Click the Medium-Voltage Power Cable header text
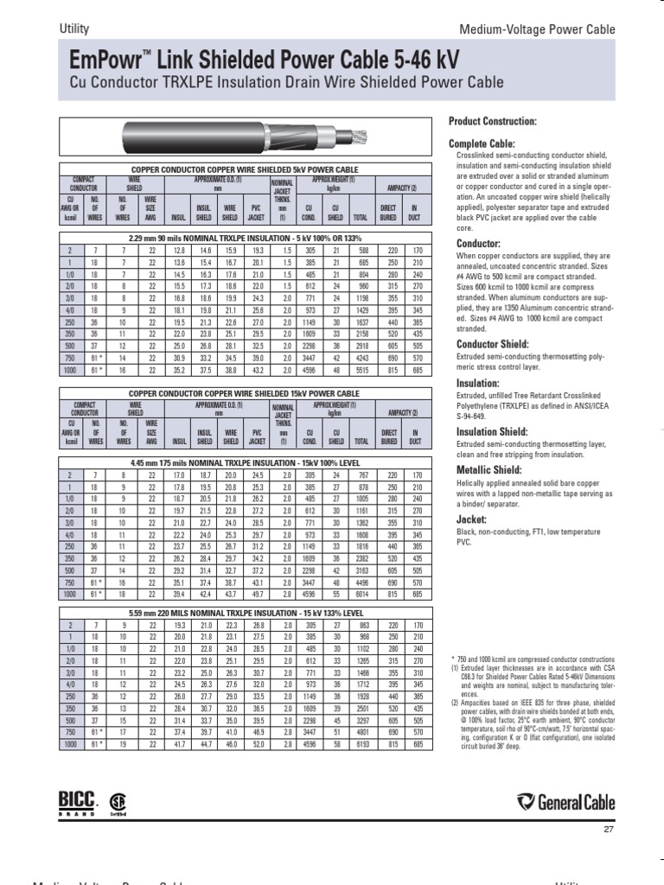point(549,29)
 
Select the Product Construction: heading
point(493,121)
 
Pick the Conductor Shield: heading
point(487,345)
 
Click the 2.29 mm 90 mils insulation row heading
point(245,237)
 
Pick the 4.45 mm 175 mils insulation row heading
point(245,462)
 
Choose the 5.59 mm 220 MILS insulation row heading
point(245,612)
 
